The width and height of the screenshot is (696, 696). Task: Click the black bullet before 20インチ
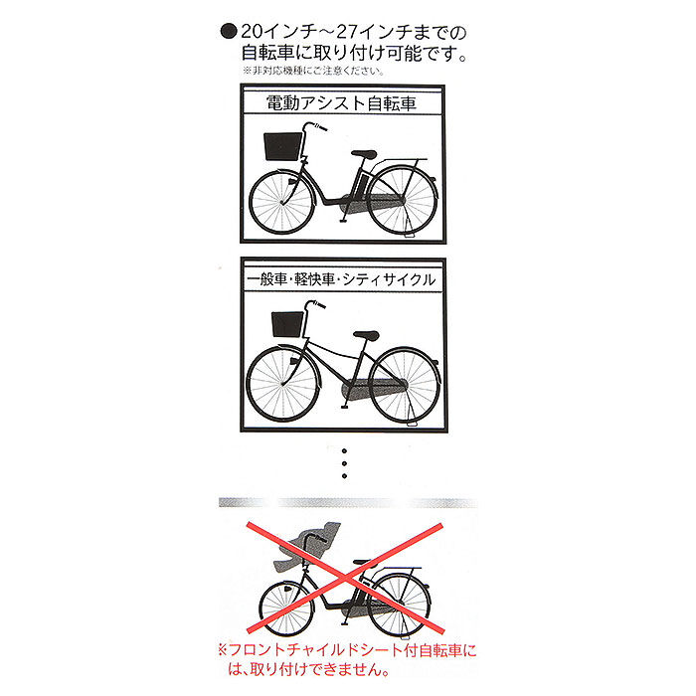tap(228, 31)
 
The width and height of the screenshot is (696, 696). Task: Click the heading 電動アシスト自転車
tap(343, 101)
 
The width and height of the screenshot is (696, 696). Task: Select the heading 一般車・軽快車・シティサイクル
tap(343, 280)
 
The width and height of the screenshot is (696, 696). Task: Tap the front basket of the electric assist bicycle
tap(280, 147)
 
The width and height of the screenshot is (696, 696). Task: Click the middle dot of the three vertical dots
tap(343, 463)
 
